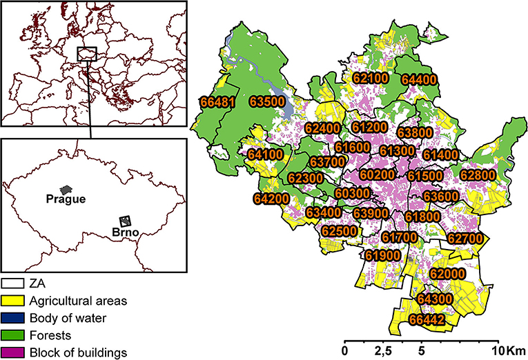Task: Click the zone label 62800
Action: tap(478, 176)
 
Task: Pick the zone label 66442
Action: tap(427, 320)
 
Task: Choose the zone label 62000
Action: tap(448, 274)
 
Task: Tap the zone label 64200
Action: tap(272, 199)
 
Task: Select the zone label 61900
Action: tap(384, 256)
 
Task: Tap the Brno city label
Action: tap(125, 232)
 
